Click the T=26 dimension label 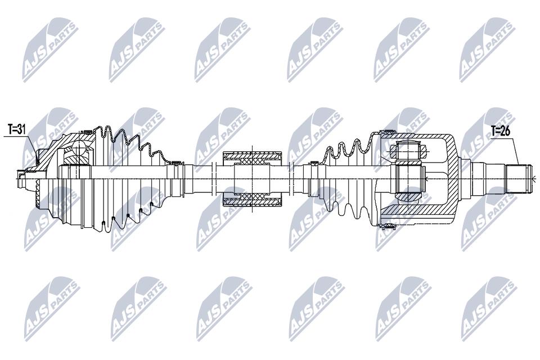pyautogui.click(x=501, y=131)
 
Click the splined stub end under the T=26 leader pyautogui.click(x=519, y=178)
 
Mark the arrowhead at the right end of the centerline pyautogui.click(x=533, y=178)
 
